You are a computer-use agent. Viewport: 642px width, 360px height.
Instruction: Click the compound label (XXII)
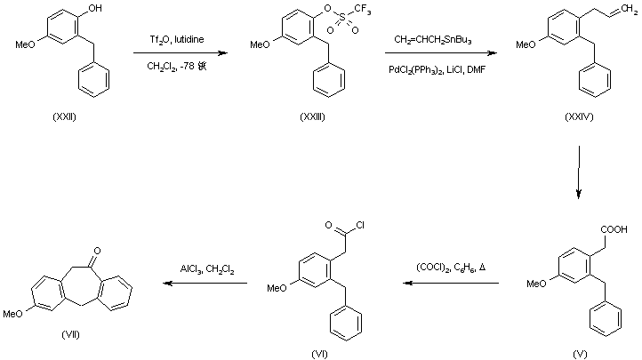click(65, 120)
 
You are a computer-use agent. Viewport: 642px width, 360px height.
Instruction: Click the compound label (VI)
click(321, 353)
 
